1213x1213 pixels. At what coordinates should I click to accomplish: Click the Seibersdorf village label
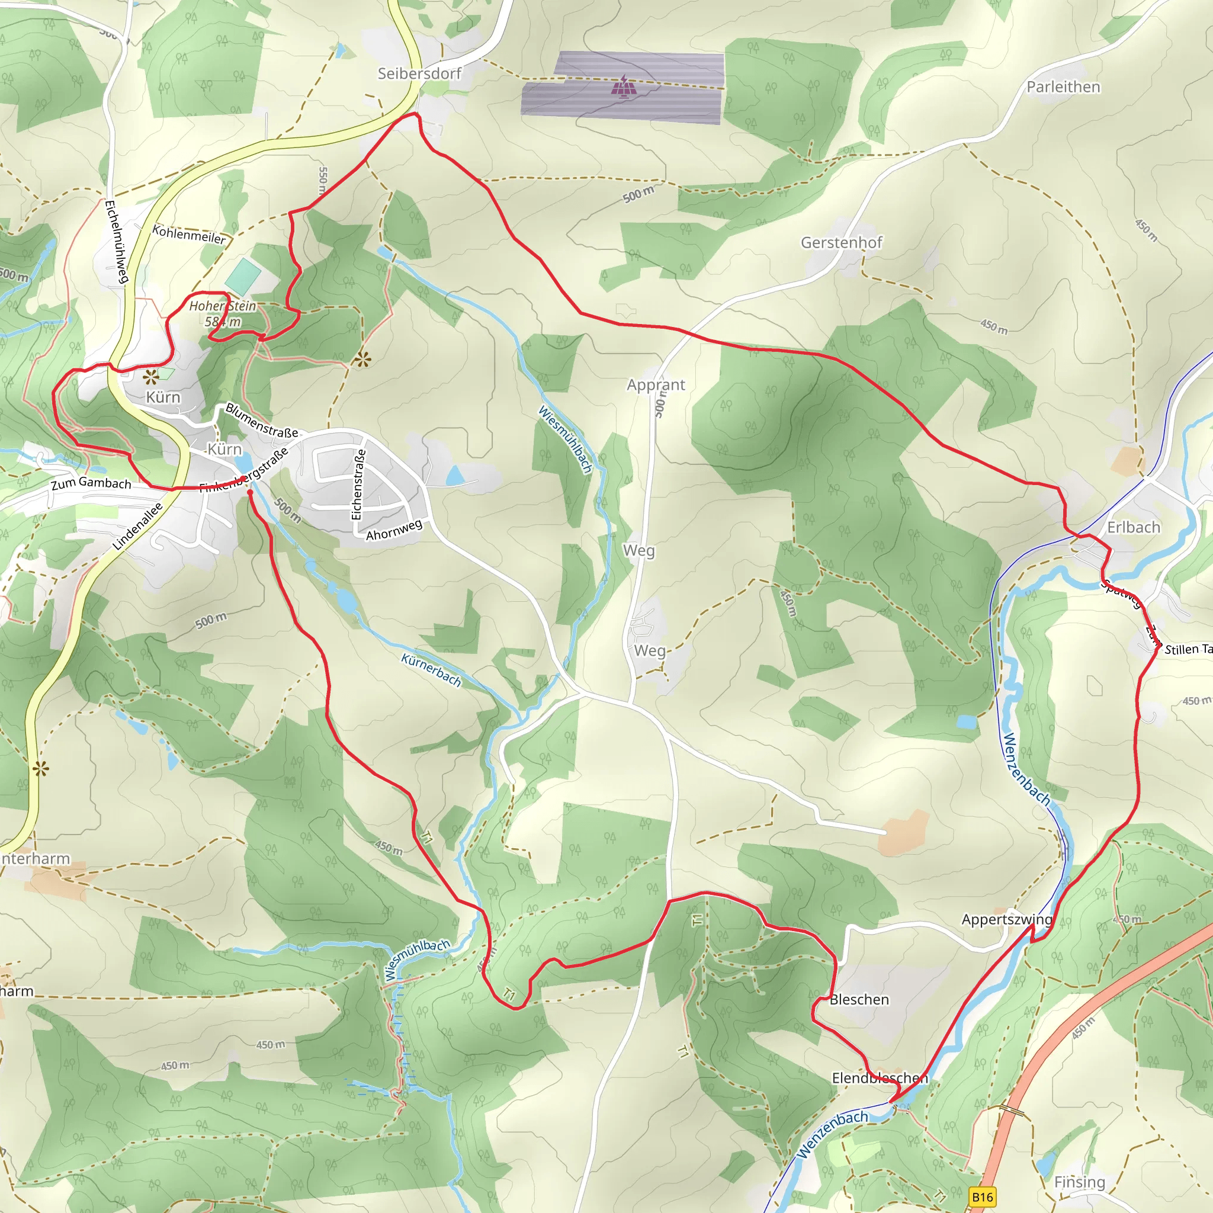(419, 73)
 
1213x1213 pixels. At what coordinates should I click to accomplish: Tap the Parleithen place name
(1064, 86)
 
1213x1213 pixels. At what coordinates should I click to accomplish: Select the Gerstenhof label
(841, 242)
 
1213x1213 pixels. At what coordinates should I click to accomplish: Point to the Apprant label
(656, 384)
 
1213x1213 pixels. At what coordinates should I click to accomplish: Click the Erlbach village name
(1133, 527)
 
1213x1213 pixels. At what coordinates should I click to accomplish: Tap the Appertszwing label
(1006, 919)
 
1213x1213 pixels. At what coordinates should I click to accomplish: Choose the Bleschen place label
(859, 1000)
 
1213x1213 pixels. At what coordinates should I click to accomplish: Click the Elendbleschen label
(879, 1078)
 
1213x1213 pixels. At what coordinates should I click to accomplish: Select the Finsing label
(1079, 1182)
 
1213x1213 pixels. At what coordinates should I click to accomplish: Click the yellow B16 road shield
(983, 1196)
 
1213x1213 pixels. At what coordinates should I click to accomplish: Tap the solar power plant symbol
(624, 86)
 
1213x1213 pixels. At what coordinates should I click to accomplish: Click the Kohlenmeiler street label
(189, 235)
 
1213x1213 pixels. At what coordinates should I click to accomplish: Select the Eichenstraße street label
(358, 484)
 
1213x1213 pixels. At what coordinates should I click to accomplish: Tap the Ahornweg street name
(394, 530)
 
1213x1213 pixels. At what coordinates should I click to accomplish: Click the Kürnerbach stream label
(431, 670)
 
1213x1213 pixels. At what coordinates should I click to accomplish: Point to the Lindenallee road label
(137, 526)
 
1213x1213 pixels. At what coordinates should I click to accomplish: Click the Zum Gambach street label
(91, 483)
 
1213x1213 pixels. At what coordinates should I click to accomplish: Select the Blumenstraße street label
(262, 421)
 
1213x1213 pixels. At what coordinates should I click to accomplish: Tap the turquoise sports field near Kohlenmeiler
(243, 276)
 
